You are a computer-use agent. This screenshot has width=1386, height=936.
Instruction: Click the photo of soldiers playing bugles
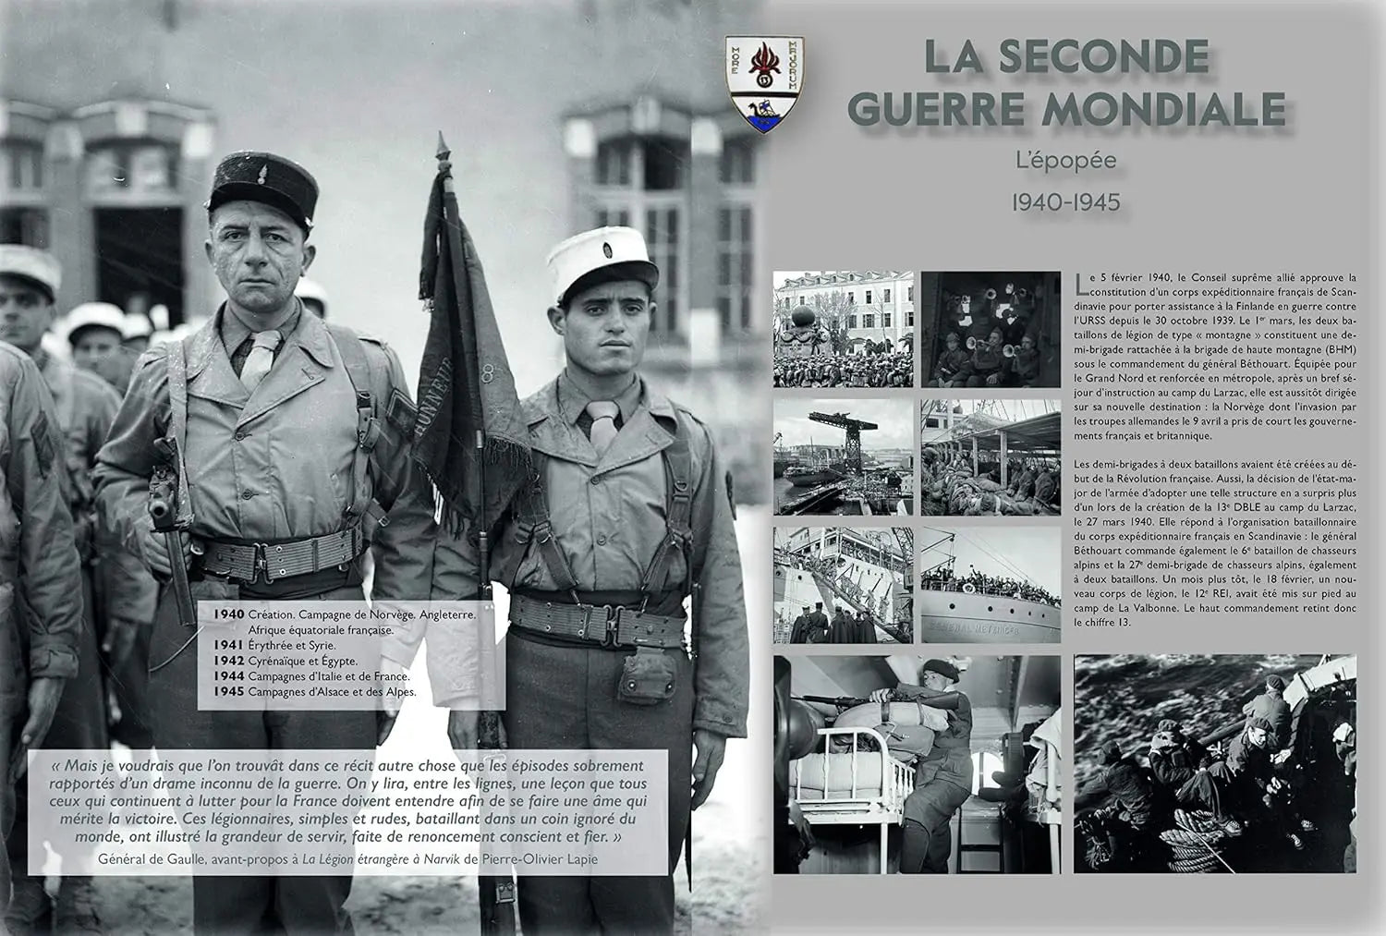point(991,328)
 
